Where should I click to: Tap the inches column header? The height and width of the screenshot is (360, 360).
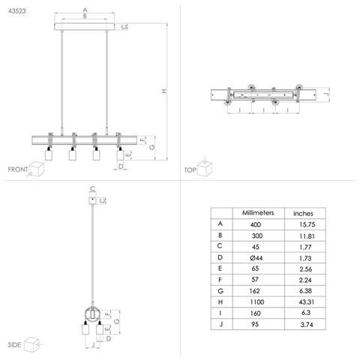(x=304, y=213)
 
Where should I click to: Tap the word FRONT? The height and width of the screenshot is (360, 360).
(x=18, y=170)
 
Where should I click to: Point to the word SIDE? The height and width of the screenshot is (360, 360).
(x=14, y=346)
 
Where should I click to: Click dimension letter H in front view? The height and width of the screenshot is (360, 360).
(x=164, y=91)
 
